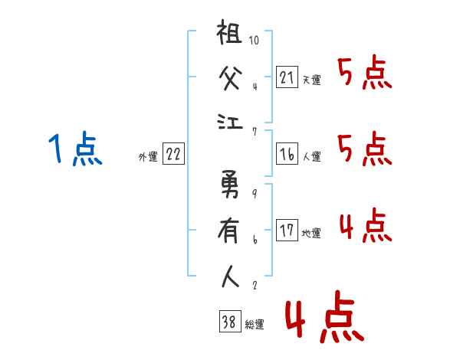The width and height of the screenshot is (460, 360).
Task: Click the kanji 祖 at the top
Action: point(229,32)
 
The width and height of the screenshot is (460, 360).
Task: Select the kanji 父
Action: point(230,77)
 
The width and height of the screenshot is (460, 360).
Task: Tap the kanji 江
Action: point(230,122)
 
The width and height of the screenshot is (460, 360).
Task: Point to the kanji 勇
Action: point(230,184)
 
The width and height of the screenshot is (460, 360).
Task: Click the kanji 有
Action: point(228,231)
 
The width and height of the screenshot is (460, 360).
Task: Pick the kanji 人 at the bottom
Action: point(230,277)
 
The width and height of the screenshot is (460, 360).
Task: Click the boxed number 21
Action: point(287,77)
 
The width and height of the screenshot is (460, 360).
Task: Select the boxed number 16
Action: point(287,154)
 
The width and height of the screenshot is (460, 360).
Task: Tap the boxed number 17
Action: point(287,230)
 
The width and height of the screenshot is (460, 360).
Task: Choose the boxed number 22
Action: point(173,153)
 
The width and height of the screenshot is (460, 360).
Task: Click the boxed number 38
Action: point(230,321)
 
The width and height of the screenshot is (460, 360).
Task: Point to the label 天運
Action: point(312,80)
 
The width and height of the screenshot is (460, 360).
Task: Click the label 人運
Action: point(312,156)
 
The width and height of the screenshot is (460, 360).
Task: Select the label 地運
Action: point(311,234)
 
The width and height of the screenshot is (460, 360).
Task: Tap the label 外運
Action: point(148,156)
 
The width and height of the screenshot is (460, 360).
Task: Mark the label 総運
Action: point(255,324)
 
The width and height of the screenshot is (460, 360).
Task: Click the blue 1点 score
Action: point(75,148)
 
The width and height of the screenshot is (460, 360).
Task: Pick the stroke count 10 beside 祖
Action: point(254,40)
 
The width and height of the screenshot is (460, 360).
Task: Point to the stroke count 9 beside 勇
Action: point(255,193)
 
